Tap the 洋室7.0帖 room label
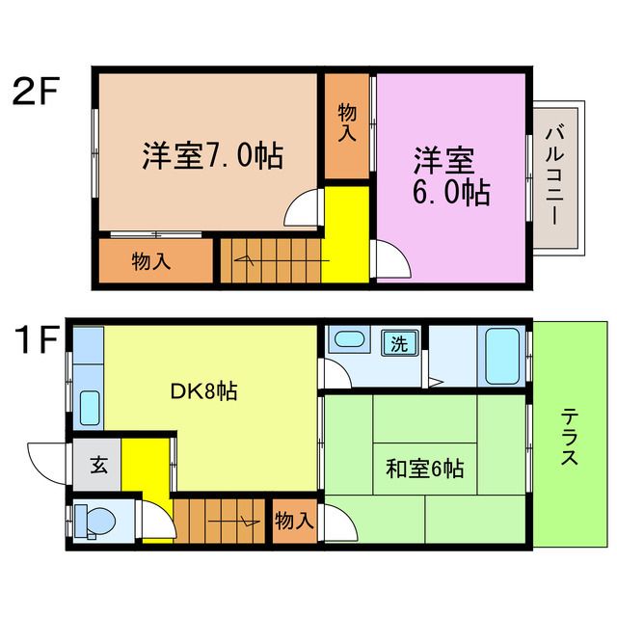coord(212,156)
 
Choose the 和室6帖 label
coord(424,469)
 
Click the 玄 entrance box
coord(98,465)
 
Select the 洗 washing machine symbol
coord(398,341)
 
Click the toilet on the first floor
coord(94,522)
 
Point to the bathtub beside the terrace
coord(504,356)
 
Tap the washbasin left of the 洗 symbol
coord(348,340)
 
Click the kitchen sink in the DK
coord(90,407)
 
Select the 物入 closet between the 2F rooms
coord(347,124)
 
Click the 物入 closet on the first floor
coord(294,522)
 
